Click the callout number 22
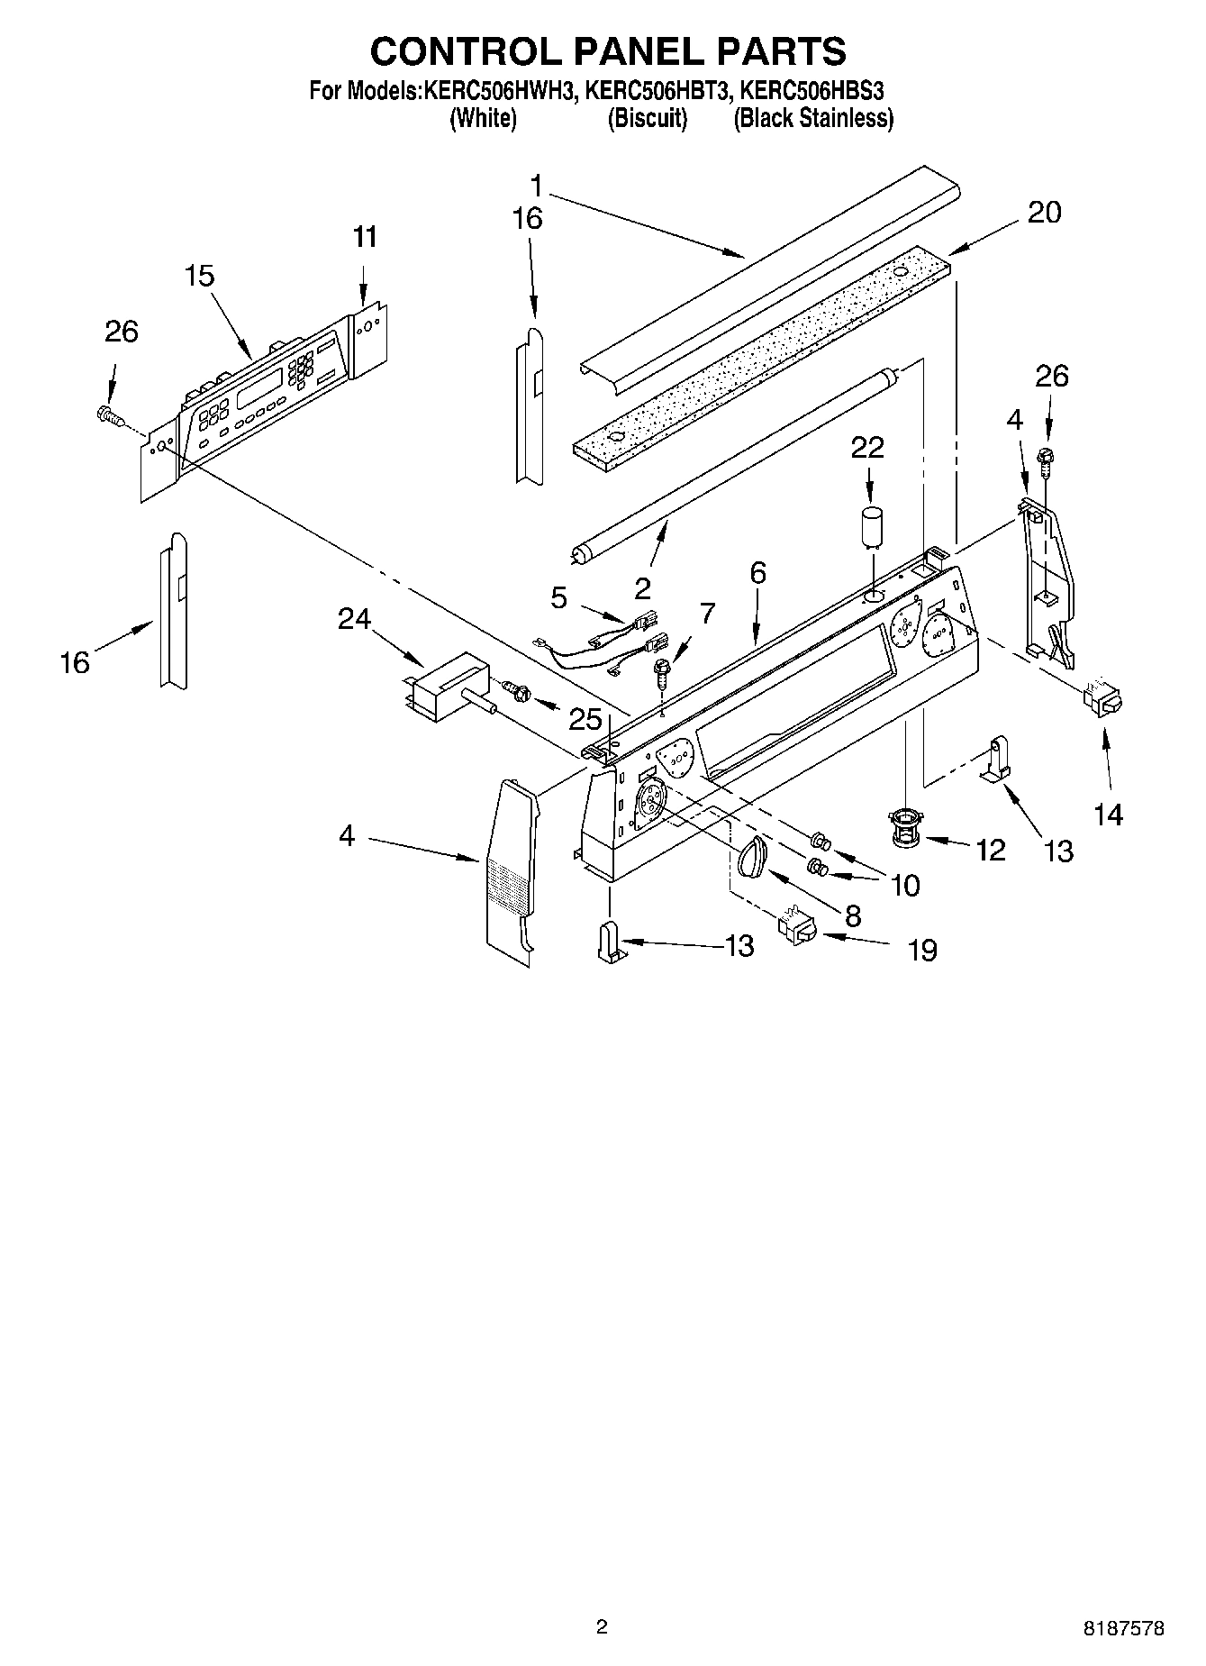click(867, 448)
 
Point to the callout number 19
click(922, 949)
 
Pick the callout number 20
click(1044, 213)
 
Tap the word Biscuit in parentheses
click(648, 118)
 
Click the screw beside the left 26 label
click(109, 414)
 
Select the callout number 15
click(200, 276)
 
